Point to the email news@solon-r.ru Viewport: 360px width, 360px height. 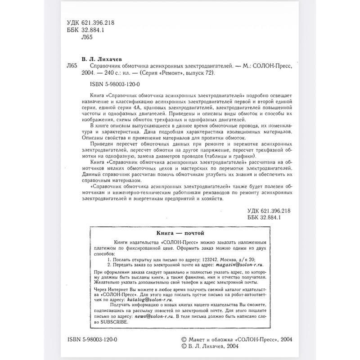coord(154,316)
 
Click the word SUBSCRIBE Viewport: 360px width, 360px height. coord(114,322)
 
